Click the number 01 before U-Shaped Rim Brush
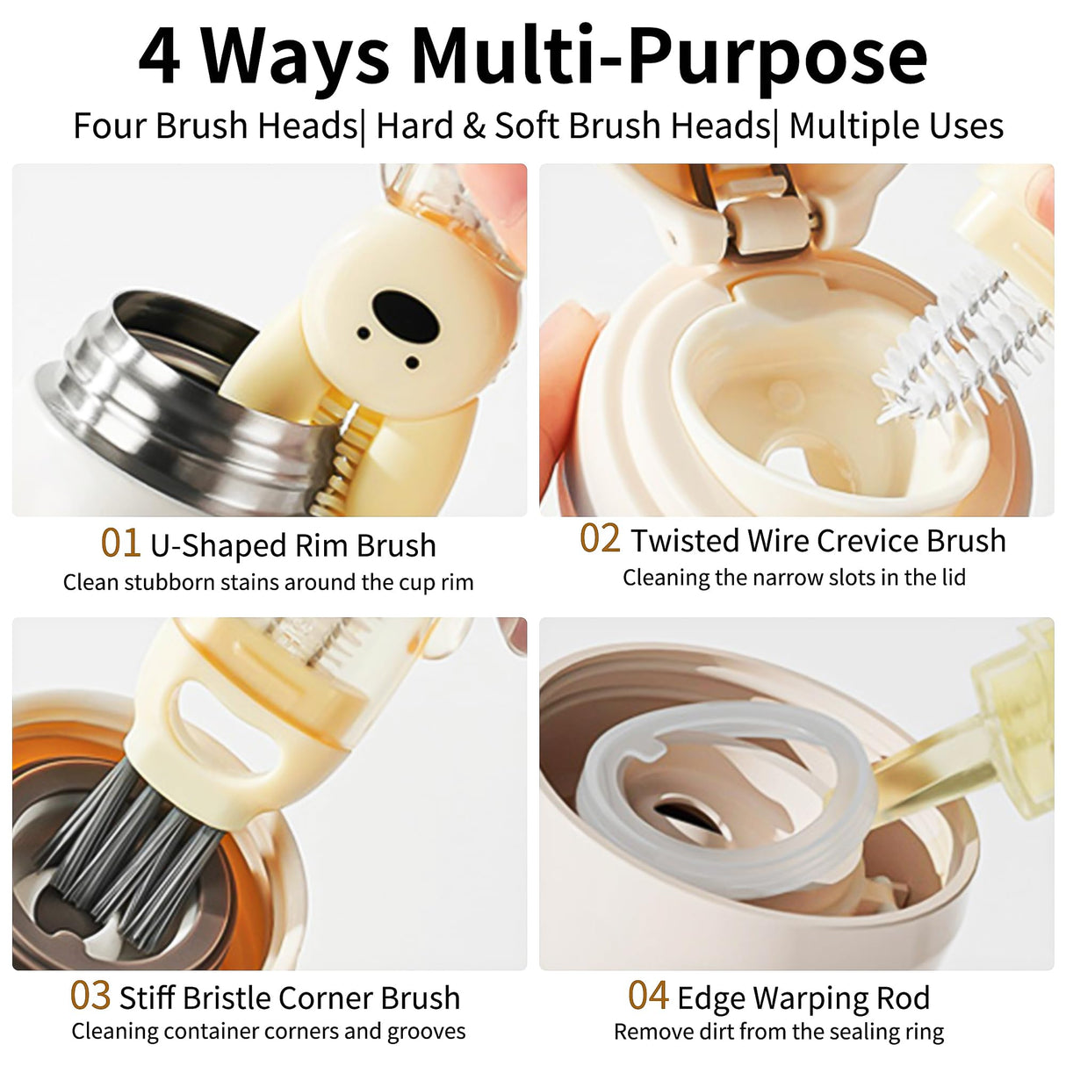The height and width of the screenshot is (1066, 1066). coord(120,544)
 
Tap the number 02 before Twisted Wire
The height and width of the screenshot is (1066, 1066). coord(600,539)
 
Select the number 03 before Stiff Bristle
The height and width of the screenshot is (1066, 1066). coord(90,997)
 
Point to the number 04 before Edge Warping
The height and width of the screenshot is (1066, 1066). coord(648,997)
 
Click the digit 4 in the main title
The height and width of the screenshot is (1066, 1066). coord(160,56)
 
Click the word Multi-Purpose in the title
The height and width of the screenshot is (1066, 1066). coord(669,56)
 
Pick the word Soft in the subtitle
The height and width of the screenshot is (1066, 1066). coord(526,126)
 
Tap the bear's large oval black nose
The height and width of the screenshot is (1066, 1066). coord(405,314)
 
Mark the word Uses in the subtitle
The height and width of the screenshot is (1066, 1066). coord(969,126)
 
